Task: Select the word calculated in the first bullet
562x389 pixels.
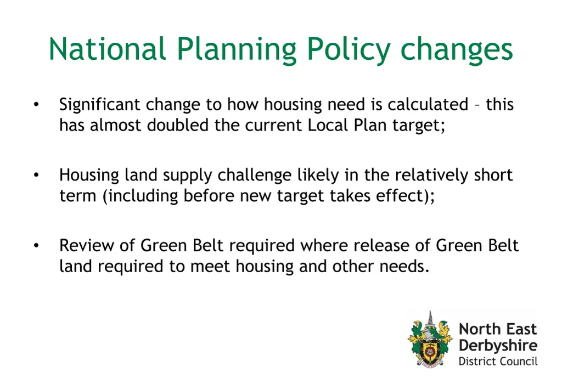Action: click(x=428, y=104)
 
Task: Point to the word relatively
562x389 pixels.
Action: click(x=431, y=176)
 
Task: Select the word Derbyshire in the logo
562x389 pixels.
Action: click(x=498, y=346)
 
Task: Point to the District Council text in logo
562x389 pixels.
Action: click(x=498, y=361)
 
